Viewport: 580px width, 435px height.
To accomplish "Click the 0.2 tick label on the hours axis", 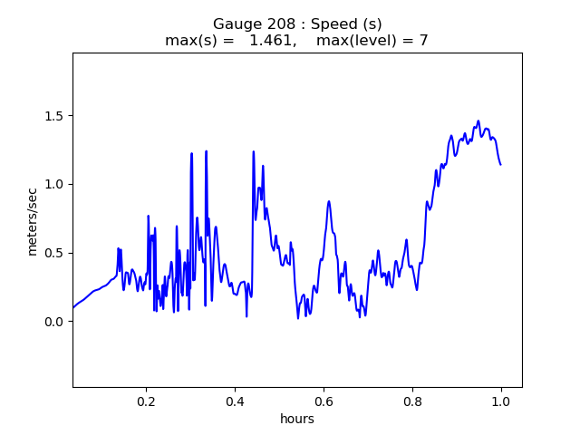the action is click(x=146, y=401).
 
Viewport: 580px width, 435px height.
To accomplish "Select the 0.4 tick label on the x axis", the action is click(x=235, y=401).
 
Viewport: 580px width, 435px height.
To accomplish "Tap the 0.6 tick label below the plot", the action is click(x=324, y=401).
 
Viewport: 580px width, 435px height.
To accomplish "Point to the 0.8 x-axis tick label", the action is click(x=412, y=401).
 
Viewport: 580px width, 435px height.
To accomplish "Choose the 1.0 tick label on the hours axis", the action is click(x=501, y=401).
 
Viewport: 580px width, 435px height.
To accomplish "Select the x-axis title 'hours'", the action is click(x=297, y=419).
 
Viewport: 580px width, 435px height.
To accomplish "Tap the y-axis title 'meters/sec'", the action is click(x=33, y=222).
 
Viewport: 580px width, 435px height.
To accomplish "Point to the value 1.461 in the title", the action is click(x=272, y=40).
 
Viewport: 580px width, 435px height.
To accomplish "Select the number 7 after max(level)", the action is click(x=423, y=40).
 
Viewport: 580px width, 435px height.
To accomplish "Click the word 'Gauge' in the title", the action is click(x=236, y=24).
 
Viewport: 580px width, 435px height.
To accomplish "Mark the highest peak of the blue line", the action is click(x=478, y=121).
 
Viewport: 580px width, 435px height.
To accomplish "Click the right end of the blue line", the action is click(x=501, y=165).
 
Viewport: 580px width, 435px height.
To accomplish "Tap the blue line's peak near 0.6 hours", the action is click(x=328, y=201).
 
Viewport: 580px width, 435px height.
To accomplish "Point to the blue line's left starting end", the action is click(x=73, y=307).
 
